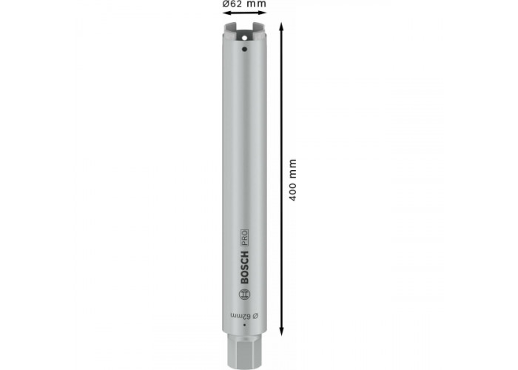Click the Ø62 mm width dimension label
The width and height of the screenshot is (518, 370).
[x=244, y=4]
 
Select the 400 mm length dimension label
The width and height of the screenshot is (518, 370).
[x=293, y=180]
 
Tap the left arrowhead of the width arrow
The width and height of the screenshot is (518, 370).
[x=226, y=13]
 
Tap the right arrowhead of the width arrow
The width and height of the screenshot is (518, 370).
[x=263, y=13]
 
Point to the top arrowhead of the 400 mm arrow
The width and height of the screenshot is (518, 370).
[x=281, y=25]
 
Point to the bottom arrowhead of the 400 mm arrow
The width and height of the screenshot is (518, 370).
[x=281, y=333]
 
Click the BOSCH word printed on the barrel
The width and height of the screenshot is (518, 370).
[x=244, y=268]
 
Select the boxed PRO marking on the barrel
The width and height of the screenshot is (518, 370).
[x=244, y=238]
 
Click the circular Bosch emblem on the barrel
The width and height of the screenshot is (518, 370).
[x=244, y=294]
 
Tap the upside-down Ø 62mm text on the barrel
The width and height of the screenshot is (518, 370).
[x=244, y=316]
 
